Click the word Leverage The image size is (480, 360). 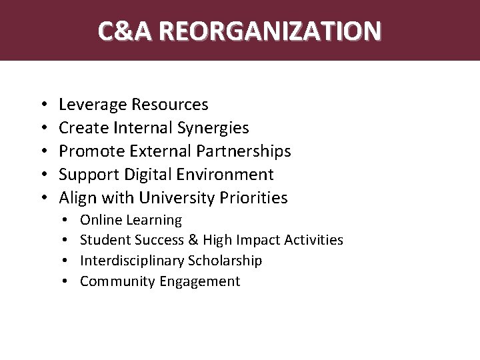pos(93,105)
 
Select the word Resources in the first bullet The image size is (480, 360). pos(170,105)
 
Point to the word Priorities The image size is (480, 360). pos(253,198)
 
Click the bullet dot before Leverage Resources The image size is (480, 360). pos(42,105)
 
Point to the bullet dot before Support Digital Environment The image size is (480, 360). pos(42,175)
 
